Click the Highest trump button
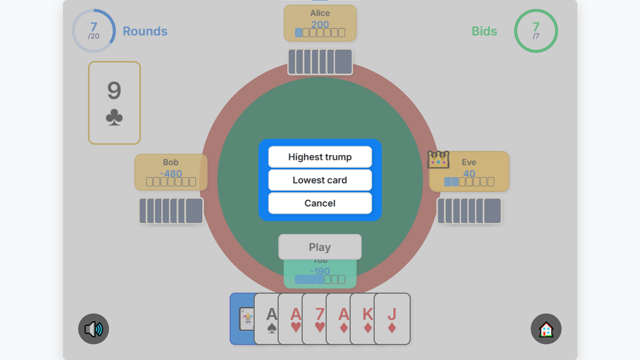(320, 157)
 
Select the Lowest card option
(320, 180)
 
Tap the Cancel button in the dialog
(320, 203)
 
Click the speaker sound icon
(94, 329)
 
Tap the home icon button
(546, 329)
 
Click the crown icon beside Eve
(438, 160)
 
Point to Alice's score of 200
(320, 24)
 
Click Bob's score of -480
(171, 173)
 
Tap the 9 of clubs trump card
(114, 103)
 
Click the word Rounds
(145, 31)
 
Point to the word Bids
(484, 31)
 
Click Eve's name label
(469, 162)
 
